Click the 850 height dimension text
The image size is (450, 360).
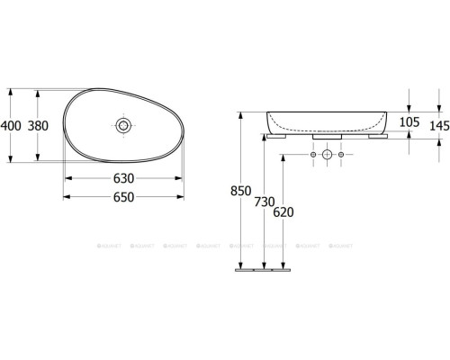pyautogui.click(x=241, y=191)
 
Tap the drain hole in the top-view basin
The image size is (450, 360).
pyautogui.click(x=122, y=122)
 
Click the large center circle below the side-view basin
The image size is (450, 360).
pyautogui.click(x=328, y=157)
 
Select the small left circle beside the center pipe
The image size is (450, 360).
pyautogui.click(x=312, y=157)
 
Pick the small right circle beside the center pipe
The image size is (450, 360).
pyautogui.click(x=343, y=157)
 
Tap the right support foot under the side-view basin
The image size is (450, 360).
pyautogui.click(x=376, y=138)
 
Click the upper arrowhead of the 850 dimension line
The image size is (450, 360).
pyautogui.click(x=241, y=115)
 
